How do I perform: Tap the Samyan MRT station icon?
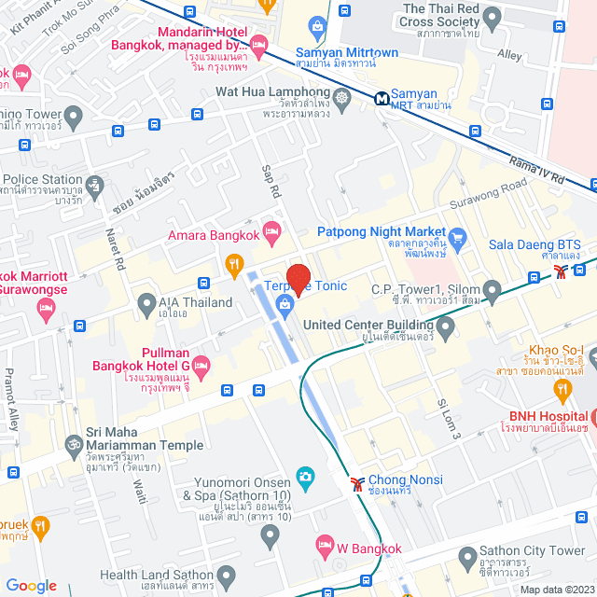(x=382, y=98)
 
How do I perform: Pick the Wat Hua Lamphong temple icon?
(x=342, y=96)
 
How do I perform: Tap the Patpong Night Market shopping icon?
(x=457, y=235)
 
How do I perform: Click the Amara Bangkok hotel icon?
(x=271, y=229)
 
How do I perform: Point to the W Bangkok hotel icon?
(x=325, y=544)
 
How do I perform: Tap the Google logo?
(x=31, y=585)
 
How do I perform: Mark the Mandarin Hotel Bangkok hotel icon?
(x=259, y=45)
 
